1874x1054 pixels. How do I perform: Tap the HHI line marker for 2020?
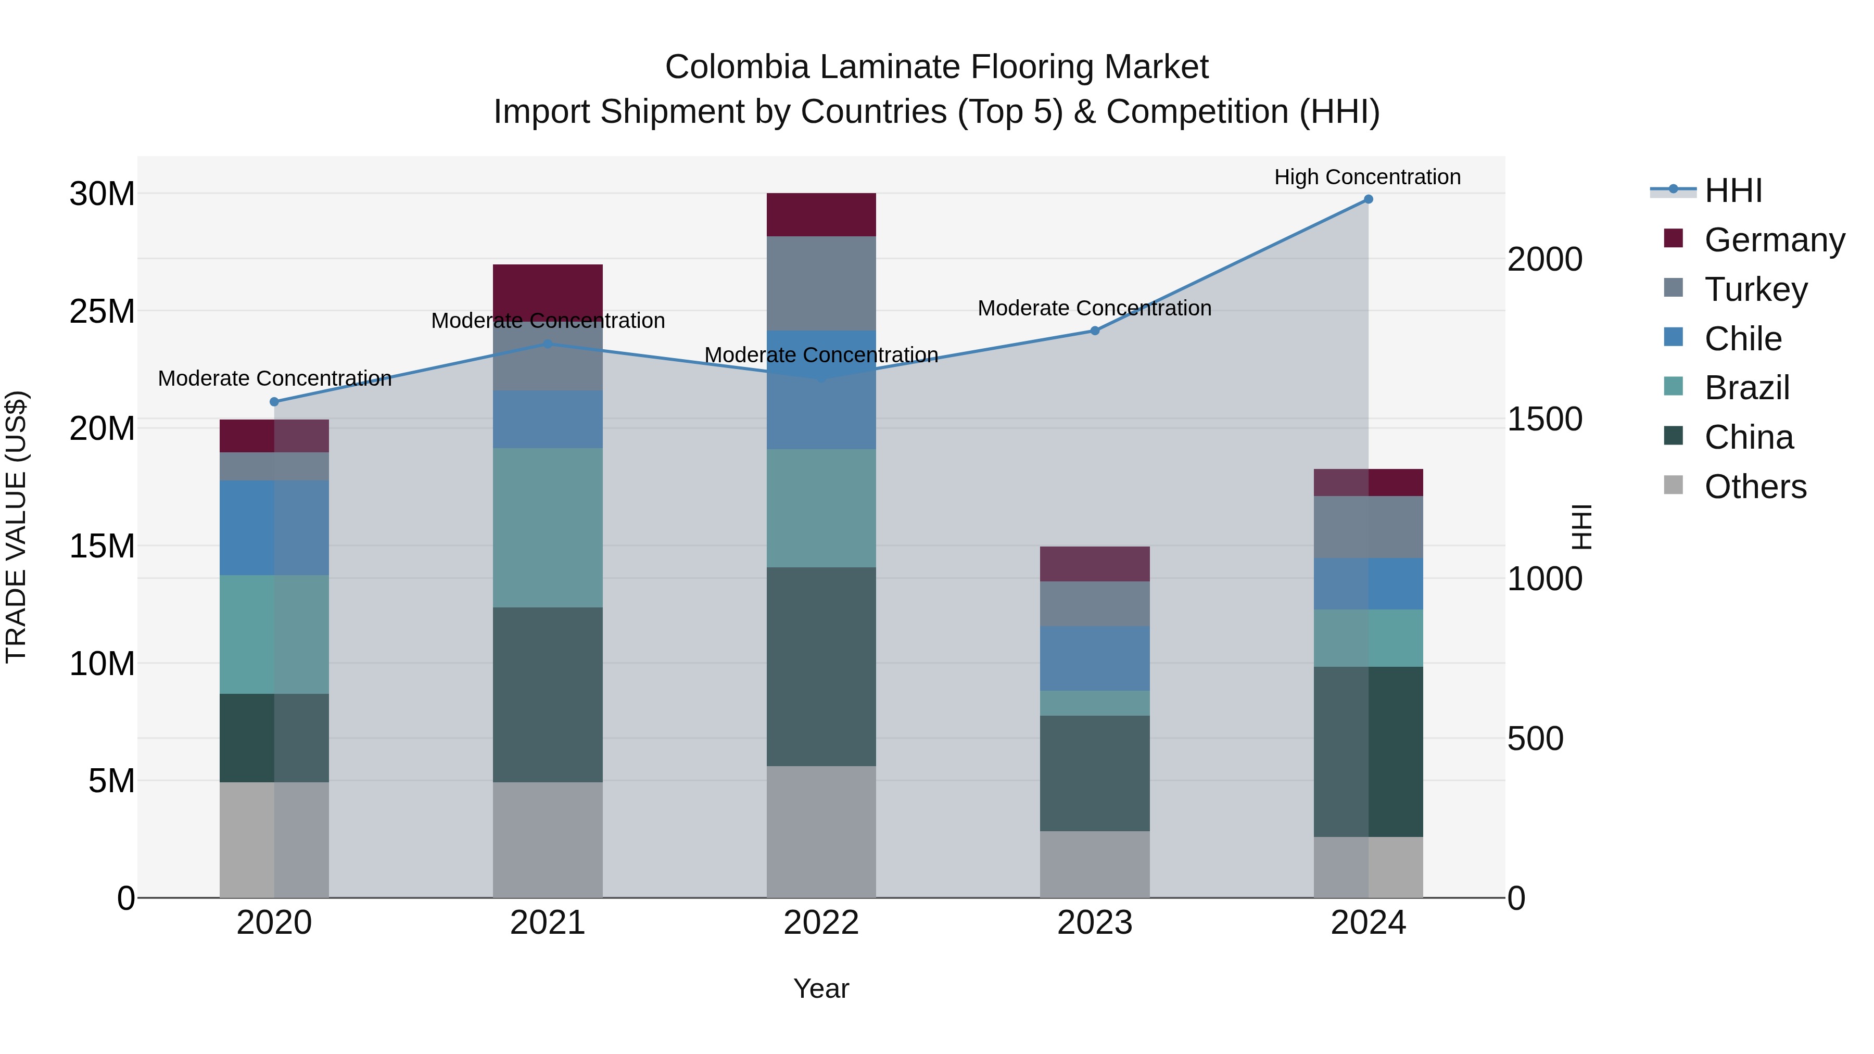pyautogui.click(x=274, y=401)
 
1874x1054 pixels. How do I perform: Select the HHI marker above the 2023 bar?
pyautogui.click(x=1095, y=331)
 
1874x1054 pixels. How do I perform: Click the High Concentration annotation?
pyautogui.click(x=1367, y=177)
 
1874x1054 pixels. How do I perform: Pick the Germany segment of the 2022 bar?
pyautogui.click(x=821, y=214)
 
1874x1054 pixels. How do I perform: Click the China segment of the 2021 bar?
pyautogui.click(x=548, y=695)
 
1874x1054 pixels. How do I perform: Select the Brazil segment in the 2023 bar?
pyautogui.click(x=1095, y=703)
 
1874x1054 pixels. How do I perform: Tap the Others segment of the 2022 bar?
pyautogui.click(x=821, y=831)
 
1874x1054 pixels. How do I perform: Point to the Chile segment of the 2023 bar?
pyautogui.click(x=1095, y=658)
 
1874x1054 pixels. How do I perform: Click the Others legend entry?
pyautogui.click(x=1755, y=487)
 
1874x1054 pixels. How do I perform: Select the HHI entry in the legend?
pyautogui.click(x=1733, y=191)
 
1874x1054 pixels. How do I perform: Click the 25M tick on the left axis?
pyautogui.click(x=102, y=311)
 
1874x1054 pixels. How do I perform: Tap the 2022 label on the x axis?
pyautogui.click(x=821, y=923)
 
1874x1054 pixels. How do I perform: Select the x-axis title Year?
pyautogui.click(x=821, y=988)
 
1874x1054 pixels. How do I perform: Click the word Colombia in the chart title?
pyautogui.click(x=736, y=67)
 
